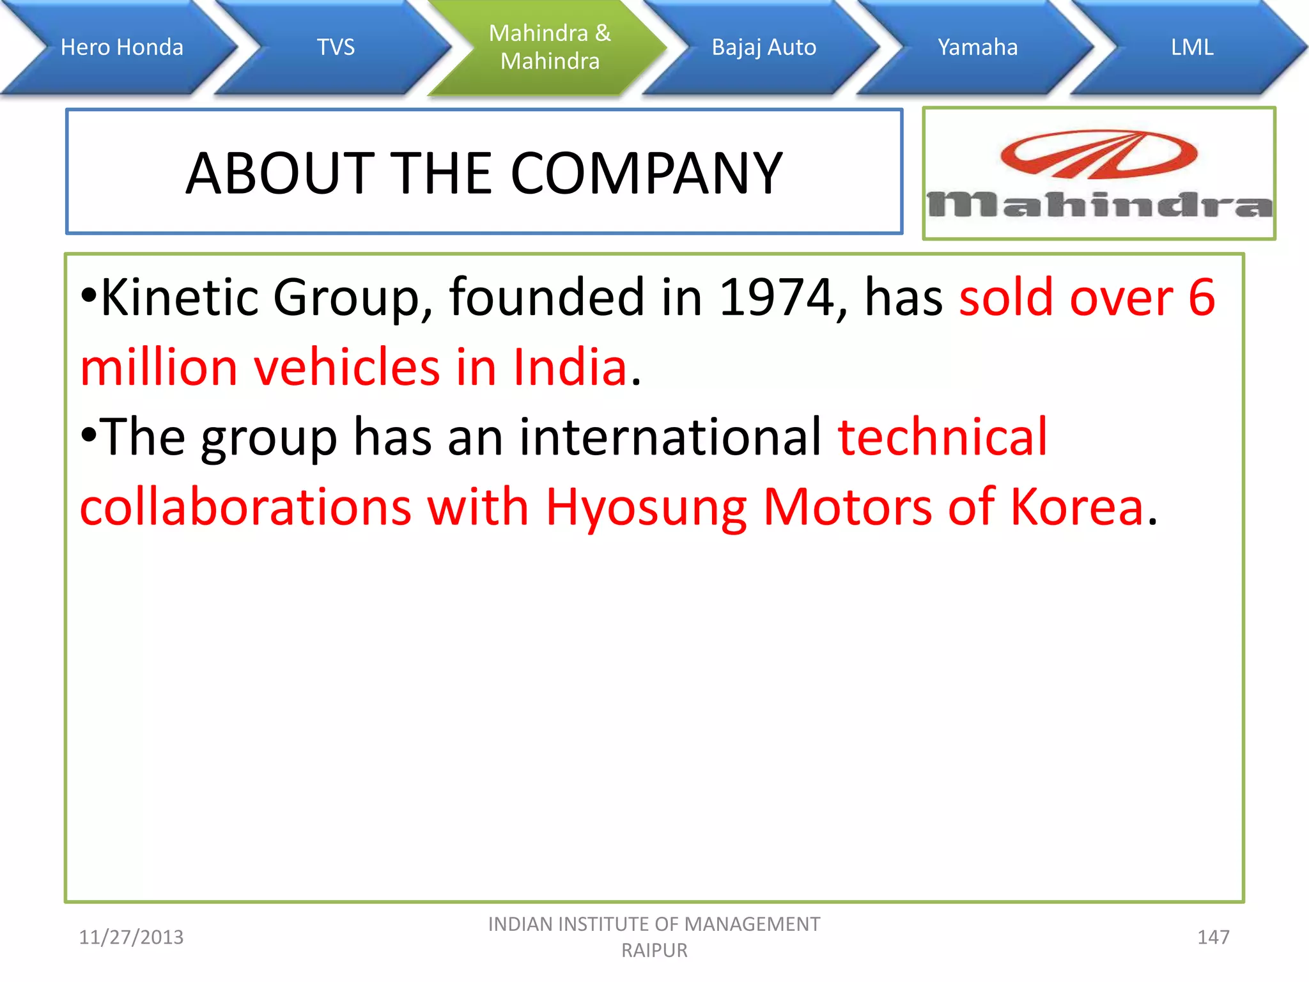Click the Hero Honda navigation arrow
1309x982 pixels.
[121, 47]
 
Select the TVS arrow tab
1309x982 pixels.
[336, 47]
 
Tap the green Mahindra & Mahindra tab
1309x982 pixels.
[550, 47]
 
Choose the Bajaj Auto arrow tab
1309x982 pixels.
[764, 47]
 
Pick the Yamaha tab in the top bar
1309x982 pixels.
[977, 47]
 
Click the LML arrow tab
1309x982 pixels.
[1191, 47]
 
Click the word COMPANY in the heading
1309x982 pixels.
[646, 173]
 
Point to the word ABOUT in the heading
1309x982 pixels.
[280, 173]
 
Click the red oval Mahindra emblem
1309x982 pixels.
[1099, 154]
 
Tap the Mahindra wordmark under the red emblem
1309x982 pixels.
[1099, 205]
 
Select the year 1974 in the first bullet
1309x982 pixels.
[776, 297]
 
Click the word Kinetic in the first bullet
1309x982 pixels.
[180, 297]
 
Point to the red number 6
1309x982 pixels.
[1201, 297]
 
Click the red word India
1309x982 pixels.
[570, 368]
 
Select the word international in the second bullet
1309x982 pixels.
[670, 437]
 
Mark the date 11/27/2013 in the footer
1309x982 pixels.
[131, 937]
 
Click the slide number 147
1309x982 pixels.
[1212, 937]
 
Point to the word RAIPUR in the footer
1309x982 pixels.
[654, 951]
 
